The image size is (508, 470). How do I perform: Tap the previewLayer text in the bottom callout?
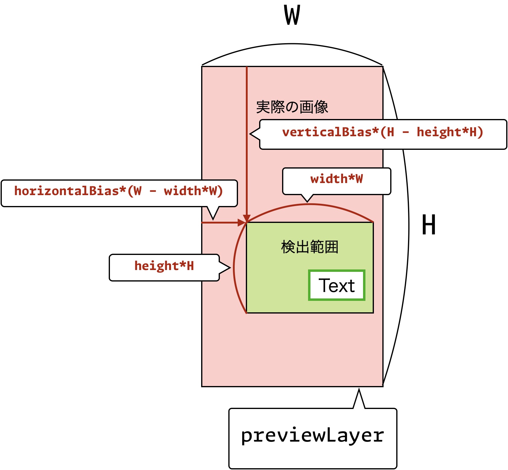[313, 436]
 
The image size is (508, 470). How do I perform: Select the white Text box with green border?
[337, 285]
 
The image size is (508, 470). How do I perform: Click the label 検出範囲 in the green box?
[310, 247]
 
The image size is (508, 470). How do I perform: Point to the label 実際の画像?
[292, 107]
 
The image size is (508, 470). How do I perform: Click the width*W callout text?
[336, 179]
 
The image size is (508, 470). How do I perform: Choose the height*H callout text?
[164, 266]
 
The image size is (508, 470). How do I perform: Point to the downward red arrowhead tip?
[247, 222]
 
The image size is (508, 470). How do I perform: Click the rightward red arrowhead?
[243, 223]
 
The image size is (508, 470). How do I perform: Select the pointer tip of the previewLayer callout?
[359, 389]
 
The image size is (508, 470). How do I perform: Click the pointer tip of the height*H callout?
[230, 268]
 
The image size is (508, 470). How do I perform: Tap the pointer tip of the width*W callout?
[307, 202]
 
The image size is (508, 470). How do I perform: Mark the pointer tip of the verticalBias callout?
[250, 134]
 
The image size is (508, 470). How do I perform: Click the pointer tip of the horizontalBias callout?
[213, 220]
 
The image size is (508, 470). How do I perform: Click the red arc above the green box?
[310, 204]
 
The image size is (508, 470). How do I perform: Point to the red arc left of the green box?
[234, 268]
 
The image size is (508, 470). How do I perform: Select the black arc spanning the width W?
[292, 44]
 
